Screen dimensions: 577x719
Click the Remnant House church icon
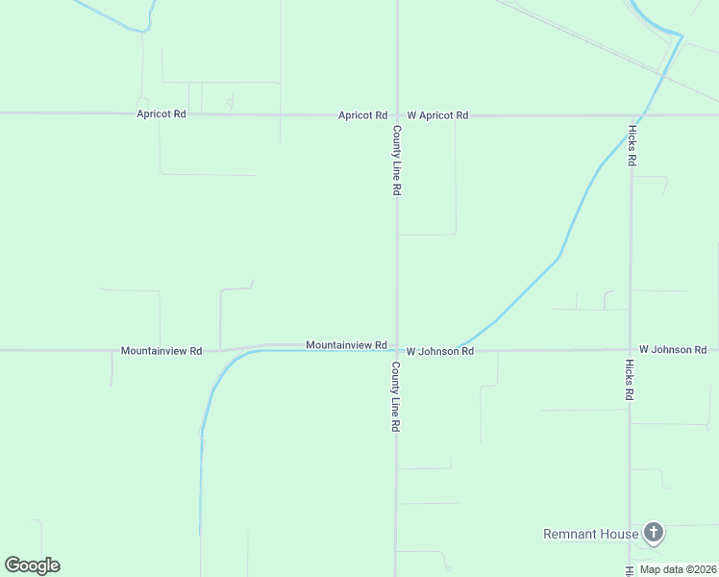[x=654, y=533]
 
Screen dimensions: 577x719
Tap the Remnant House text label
[x=591, y=535]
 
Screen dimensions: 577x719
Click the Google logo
[x=32, y=565]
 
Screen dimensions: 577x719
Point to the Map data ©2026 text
[x=677, y=569]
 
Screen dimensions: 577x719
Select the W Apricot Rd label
[x=437, y=115]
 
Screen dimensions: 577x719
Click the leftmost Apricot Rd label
[x=161, y=113]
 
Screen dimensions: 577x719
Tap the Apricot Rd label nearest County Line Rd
[x=362, y=115]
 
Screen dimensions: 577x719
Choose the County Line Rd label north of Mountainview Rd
[x=396, y=161]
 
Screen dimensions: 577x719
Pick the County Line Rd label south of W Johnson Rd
[x=395, y=397]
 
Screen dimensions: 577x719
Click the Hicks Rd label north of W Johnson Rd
[x=632, y=145]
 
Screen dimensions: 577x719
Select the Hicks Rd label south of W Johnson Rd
[x=630, y=381]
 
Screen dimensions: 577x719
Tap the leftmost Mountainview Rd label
[x=161, y=351]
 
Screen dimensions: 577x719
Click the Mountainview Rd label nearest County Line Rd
[x=346, y=344]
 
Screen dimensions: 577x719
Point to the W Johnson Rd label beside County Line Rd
[x=440, y=352]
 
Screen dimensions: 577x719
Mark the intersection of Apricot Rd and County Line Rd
[x=397, y=114]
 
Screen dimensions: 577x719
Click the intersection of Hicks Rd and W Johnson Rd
[x=631, y=350]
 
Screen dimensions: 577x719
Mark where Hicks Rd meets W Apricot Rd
[x=632, y=114]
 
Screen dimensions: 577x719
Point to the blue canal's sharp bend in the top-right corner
[x=682, y=37]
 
